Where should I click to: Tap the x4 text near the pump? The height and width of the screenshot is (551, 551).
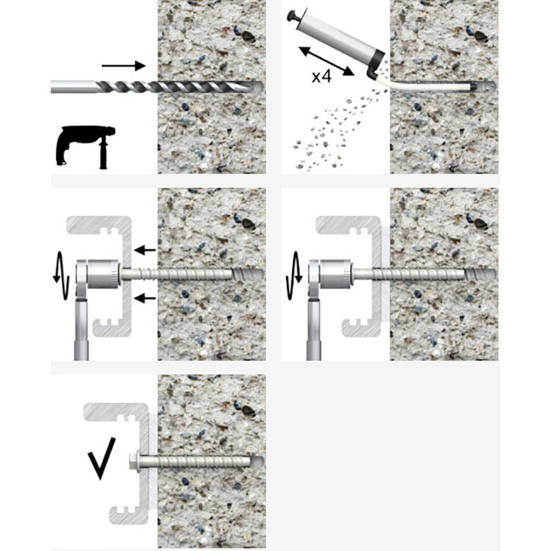click(322, 76)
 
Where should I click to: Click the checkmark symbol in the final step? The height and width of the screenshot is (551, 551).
click(102, 459)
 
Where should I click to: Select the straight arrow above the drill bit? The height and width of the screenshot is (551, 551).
click(123, 66)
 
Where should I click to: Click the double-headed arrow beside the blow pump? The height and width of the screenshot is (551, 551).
click(327, 61)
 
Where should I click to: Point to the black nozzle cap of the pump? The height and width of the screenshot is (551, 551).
click(376, 63)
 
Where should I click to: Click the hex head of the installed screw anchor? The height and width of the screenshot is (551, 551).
click(134, 461)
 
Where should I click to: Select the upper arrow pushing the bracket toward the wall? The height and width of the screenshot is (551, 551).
click(145, 250)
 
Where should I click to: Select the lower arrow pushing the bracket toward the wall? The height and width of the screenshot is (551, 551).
click(145, 298)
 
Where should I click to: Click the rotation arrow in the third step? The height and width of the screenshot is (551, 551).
click(61, 275)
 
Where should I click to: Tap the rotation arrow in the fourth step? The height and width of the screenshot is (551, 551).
click(293, 275)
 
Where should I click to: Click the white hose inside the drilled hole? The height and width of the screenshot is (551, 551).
click(429, 86)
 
